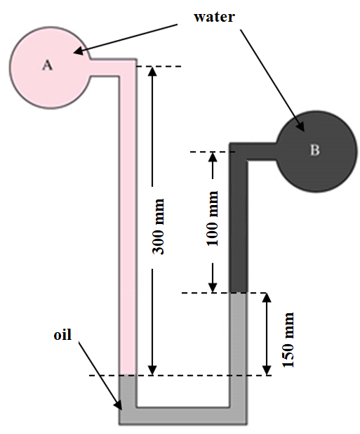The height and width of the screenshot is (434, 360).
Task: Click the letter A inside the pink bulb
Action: coord(48,65)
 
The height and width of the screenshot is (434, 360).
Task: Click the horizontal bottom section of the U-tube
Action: coord(182,415)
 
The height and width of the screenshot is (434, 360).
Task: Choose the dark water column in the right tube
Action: coord(239,225)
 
